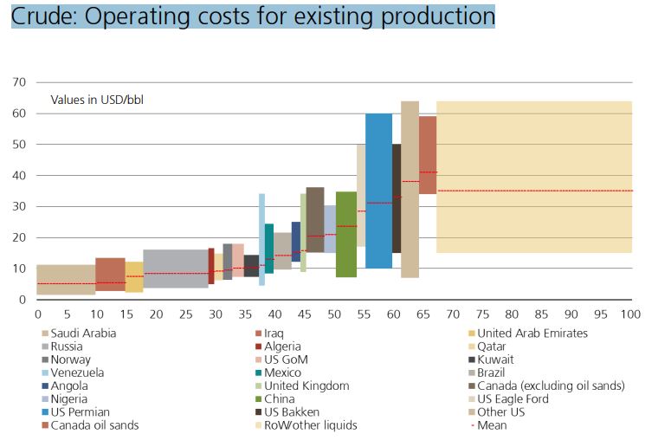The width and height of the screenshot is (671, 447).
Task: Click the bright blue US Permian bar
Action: [x=378, y=191]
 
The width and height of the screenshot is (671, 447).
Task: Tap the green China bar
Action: [x=346, y=234]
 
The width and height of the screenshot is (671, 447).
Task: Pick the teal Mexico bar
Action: [x=269, y=249]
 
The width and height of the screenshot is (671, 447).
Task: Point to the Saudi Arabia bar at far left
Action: [x=66, y=280]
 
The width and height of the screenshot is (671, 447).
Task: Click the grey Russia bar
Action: [x=176, y=269]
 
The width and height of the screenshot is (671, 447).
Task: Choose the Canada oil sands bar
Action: [x=428, y=155]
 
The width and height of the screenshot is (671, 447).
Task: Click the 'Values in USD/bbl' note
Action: [x=97, y=100]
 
